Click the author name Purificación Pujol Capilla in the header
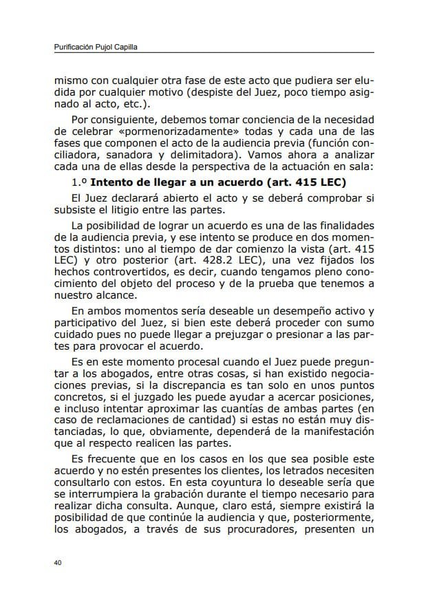click(x=100, y=47)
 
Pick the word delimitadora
click(x=204, y=155)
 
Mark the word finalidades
click(x=340, y=226)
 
